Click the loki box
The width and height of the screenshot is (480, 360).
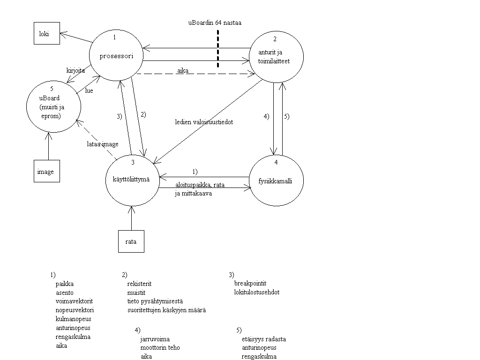click(47, 34)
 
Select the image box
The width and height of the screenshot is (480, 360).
click(46, 172)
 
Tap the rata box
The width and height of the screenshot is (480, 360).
click(131, 241)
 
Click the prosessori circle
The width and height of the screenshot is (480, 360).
click(116, 56)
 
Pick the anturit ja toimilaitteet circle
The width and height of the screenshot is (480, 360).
click(276, 57)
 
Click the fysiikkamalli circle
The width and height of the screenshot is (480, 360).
click(276, 181)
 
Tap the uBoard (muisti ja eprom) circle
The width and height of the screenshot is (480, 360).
click(53, 106)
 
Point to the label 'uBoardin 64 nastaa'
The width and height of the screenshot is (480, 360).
click(215, 22)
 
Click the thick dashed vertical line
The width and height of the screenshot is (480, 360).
click(218, 49)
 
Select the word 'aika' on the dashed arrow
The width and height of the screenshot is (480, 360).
click(183, 70)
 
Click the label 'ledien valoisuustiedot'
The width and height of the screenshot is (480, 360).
click(204, 122)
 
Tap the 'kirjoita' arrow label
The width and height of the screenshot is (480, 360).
click(75, 70)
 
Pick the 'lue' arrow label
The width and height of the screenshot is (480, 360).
click(89, 90)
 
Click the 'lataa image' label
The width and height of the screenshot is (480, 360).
click(103, 144)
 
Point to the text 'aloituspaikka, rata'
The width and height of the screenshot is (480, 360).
click(200, 185)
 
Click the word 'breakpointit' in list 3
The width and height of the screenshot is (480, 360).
click(250, 283)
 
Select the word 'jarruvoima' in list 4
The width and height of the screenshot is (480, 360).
click(155, 339)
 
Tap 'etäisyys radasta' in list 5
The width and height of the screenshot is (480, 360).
click(264, 339)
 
